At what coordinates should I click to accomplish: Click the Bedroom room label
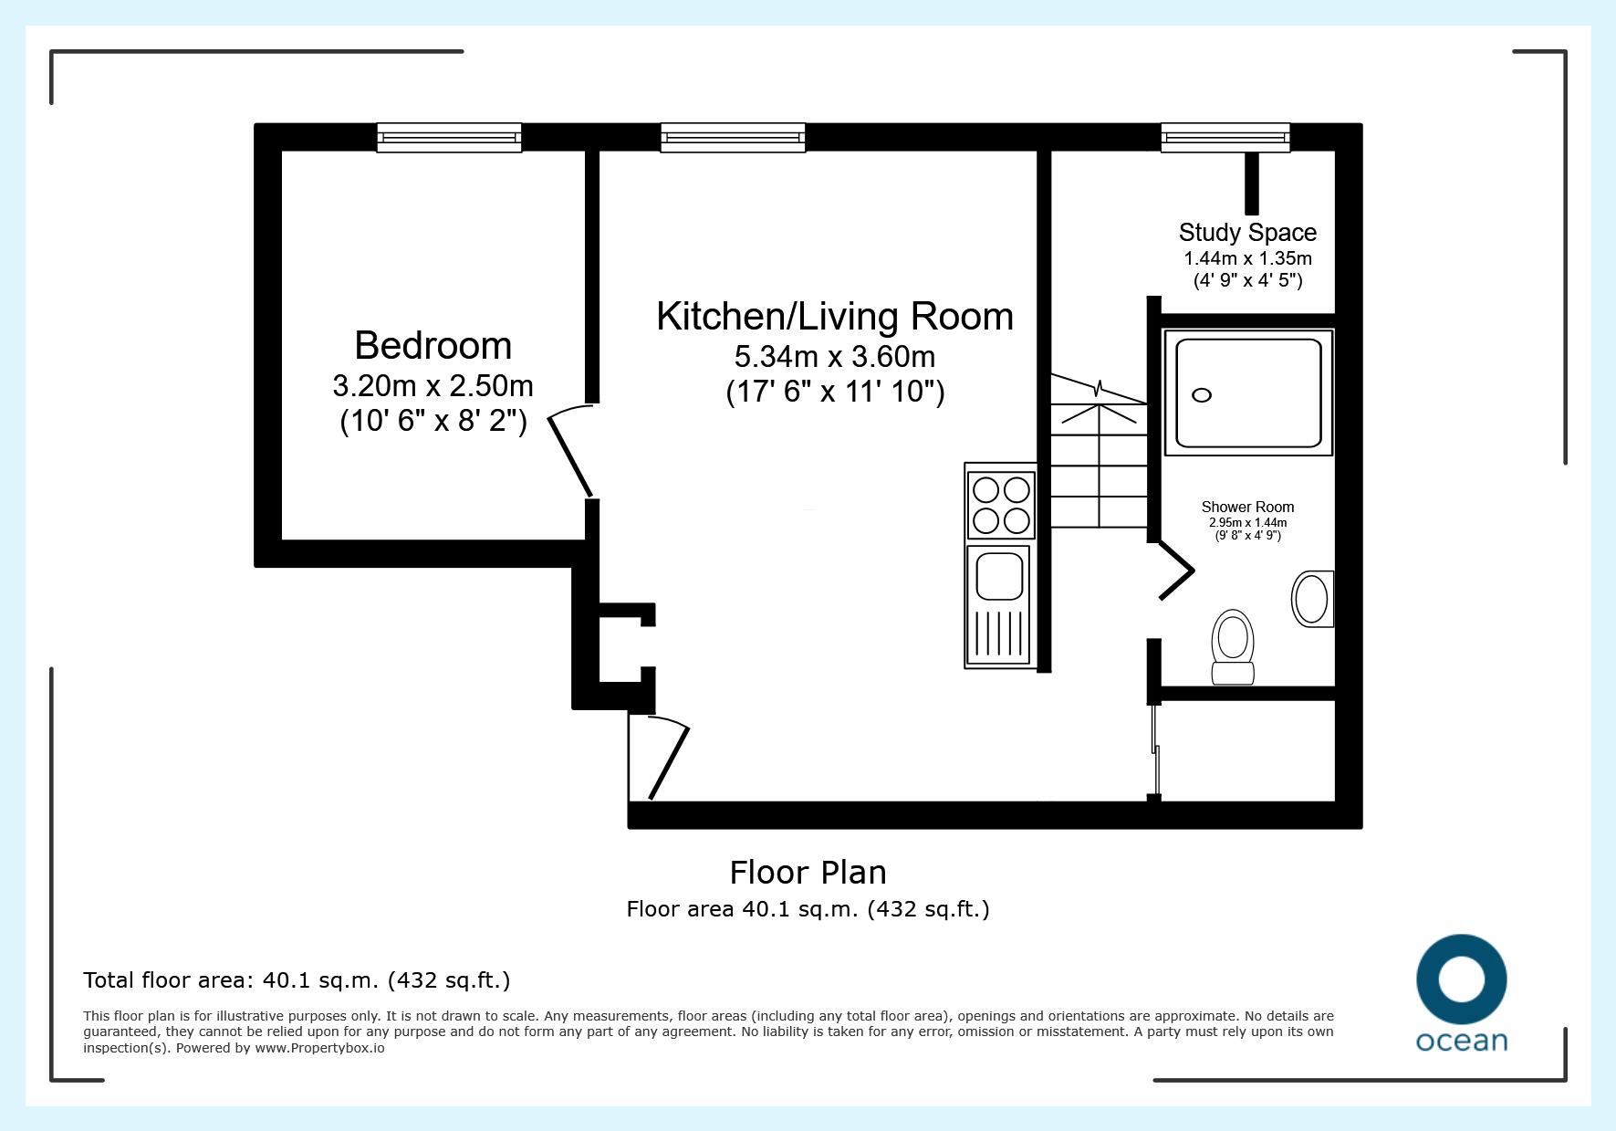pyautogui.click(x=433, y=346)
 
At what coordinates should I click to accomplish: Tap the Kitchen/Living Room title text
pyautogui.click(x=835, y=317)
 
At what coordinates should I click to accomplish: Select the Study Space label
pyautogui.click(x=1247, y=233)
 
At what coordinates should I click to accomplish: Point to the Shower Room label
pyautogui.click(x=1247, y=508)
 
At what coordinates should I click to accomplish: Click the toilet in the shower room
pyautogui.click(x=1232, y=646)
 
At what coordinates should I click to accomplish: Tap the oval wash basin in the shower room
pyautogui.click(x=1313, y=599)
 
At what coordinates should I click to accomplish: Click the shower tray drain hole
pyautogui.click(x=1202, y=395)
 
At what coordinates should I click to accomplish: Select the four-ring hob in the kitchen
pyautogui.click(x=1001, y=504)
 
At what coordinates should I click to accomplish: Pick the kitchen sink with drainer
pyautogui.click(x=1001, y=606)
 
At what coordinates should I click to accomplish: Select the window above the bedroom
pyautogui.click(x=449, y=138)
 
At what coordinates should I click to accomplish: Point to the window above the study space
pyautogui.click(x=1225, y=138)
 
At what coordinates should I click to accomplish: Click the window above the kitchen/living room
pyautogui.click(x=733, y=138)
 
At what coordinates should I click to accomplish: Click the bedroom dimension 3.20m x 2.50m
pyautogui.click(x=433, y=386)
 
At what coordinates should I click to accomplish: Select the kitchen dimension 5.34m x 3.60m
pyautogui.click(x=835, y=356)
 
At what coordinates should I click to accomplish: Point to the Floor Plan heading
pyautogui.click(x=808, y=873)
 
